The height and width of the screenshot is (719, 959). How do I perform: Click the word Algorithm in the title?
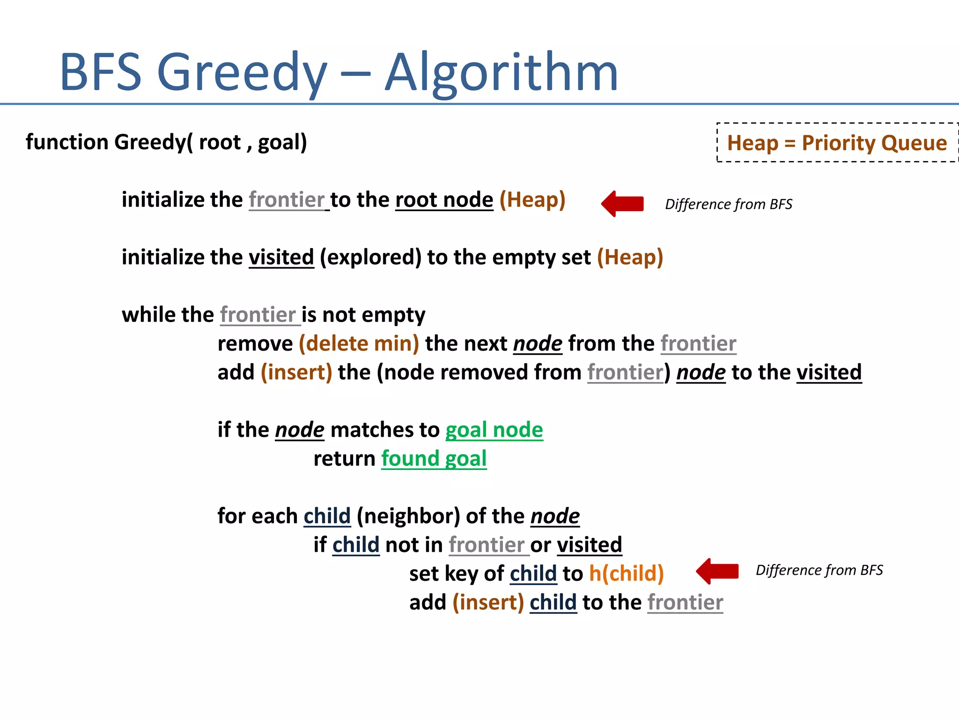pos(501,73)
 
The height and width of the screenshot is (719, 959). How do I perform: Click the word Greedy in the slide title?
pos(242,73)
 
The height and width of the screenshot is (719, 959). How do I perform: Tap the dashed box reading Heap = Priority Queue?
pos(837,143)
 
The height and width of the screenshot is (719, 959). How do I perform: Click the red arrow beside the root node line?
pos(622,204)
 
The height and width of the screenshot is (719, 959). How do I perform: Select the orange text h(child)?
pos(626,573)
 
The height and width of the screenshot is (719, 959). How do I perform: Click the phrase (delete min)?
pos(359,344)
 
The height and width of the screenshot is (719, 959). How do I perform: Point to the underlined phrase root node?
pos(444,200)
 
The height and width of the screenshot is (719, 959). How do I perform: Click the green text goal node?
pos(494,430)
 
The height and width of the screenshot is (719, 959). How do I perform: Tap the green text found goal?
pos(434,459)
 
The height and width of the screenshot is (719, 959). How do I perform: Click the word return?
pos(344,459)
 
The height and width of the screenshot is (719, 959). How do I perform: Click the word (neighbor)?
pos(408,516)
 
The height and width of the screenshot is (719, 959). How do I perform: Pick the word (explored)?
pos(370,257)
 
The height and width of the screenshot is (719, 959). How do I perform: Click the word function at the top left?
pos(67,142)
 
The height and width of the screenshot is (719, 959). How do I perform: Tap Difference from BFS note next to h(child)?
pos(819,570)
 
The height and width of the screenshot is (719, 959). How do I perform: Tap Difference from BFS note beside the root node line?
pos(729,204)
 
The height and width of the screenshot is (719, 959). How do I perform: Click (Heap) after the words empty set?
pos(630,257)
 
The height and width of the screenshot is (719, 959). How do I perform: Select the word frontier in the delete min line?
pos(698,344)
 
